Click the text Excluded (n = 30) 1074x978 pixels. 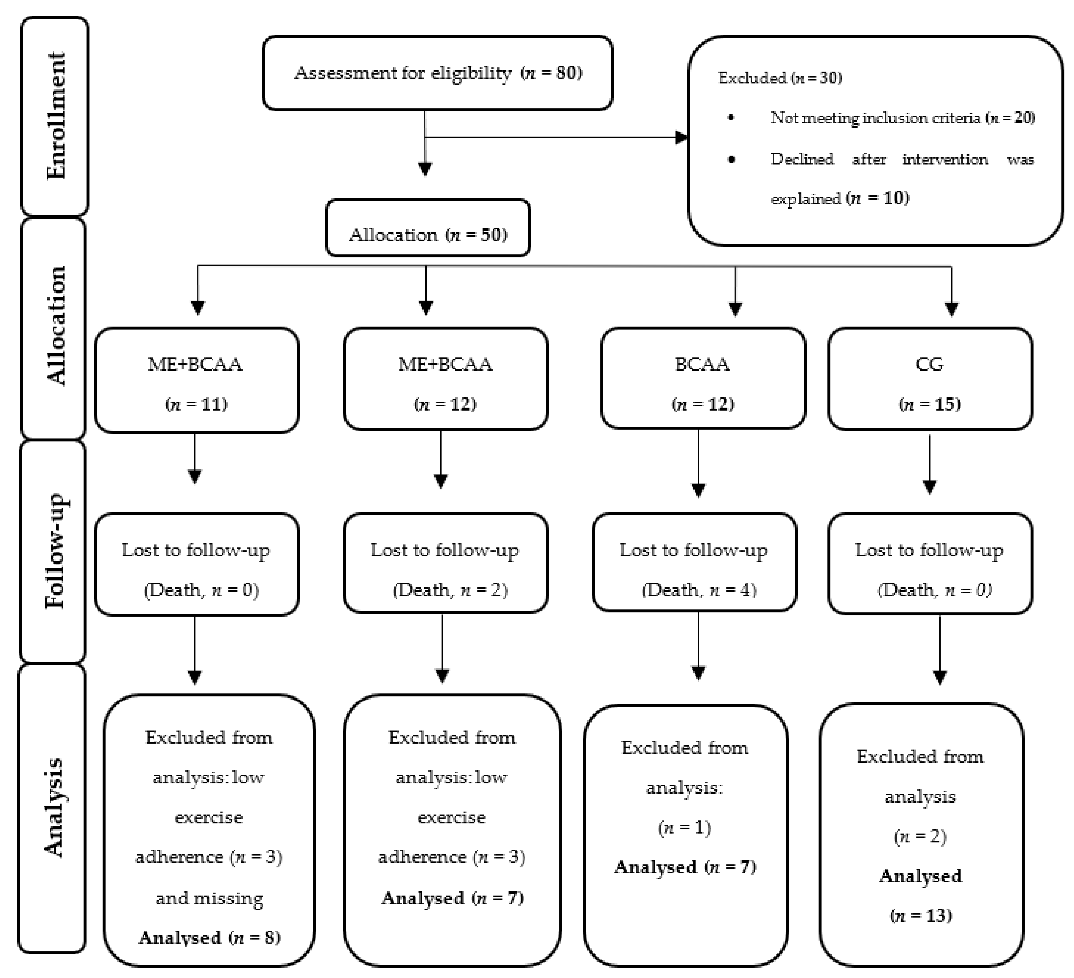779,78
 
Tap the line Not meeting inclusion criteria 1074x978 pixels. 902,118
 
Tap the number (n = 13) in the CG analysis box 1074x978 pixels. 920,915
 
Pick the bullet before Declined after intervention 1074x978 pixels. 731,159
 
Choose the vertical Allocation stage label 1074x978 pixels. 55,326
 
